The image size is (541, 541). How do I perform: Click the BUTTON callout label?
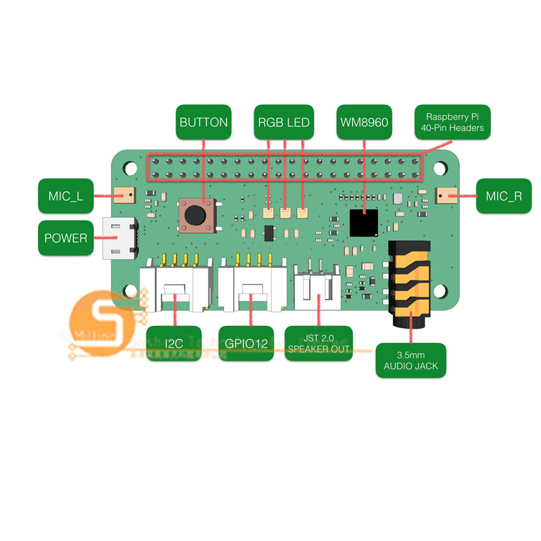point(204,123)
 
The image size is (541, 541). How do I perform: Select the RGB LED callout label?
point(283,123)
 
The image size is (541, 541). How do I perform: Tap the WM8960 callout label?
point(364,123)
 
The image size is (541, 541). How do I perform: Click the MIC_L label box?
point(66,197)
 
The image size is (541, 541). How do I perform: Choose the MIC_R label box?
point(504,197)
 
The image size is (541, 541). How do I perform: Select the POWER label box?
point(66,238)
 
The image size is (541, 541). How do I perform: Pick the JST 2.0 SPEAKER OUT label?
point(319,344)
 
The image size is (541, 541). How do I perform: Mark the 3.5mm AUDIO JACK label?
point(411,361)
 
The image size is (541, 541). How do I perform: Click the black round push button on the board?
point(195,215)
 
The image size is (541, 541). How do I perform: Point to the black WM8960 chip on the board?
point(364,222)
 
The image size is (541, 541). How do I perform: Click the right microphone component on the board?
point(446,196)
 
